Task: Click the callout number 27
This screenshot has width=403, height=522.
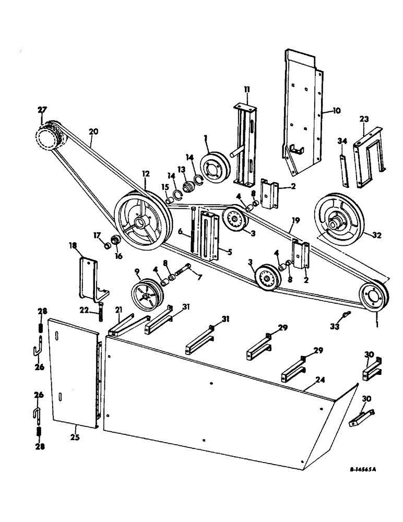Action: (42, 110)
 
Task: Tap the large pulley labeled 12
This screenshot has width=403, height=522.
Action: (141, 222)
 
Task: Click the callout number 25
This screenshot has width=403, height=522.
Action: (75, 437)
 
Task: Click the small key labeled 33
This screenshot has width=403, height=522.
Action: (344, 314)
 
